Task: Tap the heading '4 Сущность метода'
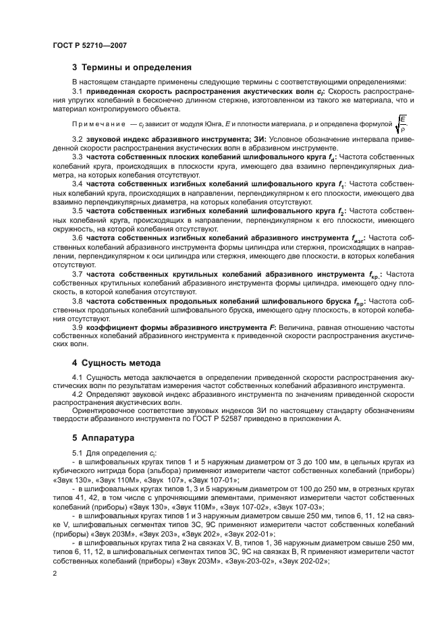(x=116, y=362)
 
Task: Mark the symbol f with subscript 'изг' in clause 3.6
(x=358, y=238)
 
